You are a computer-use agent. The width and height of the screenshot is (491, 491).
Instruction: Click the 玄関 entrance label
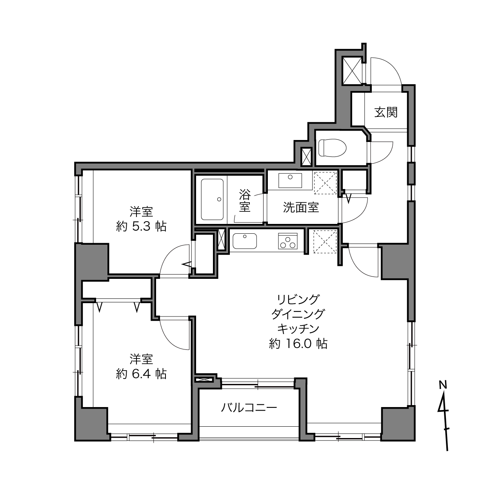(386, 112)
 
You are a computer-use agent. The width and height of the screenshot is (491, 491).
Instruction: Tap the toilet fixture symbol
(333, 147)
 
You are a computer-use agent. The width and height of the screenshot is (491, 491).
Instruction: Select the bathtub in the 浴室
(212, 199)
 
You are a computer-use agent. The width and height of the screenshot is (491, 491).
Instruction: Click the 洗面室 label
(301, 207)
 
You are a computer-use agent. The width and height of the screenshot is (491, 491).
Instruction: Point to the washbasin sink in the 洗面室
(290, 181)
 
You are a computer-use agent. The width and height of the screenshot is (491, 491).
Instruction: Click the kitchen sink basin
(245, 241)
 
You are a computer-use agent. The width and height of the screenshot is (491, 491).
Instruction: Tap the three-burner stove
(288, 241)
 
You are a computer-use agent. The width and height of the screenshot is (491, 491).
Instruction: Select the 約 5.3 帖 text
(142, 227)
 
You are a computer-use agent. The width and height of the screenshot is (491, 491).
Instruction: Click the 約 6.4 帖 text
(142, 374)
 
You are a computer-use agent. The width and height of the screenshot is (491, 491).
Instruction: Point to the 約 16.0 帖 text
(298, 344)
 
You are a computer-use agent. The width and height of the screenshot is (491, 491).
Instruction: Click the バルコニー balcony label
(249, 408)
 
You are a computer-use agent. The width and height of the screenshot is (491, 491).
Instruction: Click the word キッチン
(298, 329)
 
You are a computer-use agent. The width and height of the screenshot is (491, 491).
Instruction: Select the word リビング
(298, 299)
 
